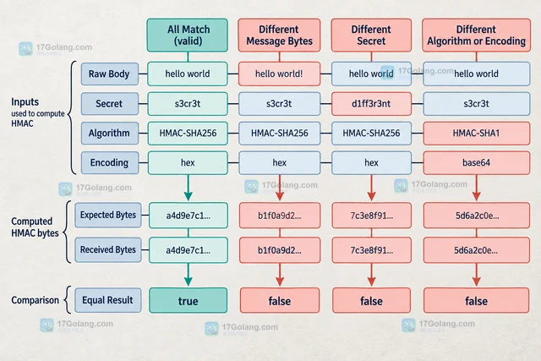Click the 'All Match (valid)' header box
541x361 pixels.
coord(188,36)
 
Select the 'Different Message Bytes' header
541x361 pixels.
coord(279,36)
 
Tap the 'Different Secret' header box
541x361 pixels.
coord(371,36)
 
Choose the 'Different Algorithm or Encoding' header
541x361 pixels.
coord(477,36)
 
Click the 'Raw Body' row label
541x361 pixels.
coord(110,74)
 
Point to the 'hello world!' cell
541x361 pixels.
coord(279,74)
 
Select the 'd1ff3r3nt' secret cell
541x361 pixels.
coord(371,103)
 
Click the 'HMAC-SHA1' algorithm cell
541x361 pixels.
coord(477,134)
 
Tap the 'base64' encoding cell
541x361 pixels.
coord(477,162)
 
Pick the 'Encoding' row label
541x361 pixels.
coord(110,162)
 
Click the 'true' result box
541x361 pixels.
coord(188,301)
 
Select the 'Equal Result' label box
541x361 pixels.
coord(108,300)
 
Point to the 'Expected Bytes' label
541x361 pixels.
coord(108,215)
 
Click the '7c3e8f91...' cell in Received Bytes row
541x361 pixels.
coord(372,250)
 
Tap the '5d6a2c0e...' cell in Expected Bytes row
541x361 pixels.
coord(477,216)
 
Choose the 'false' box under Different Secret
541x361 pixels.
coord(372,301)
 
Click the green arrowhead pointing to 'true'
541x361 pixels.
coord(188,282)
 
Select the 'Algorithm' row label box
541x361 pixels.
coord(110,134)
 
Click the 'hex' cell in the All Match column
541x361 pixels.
coord(188,162)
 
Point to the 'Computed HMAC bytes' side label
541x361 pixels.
coord(35,227)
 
